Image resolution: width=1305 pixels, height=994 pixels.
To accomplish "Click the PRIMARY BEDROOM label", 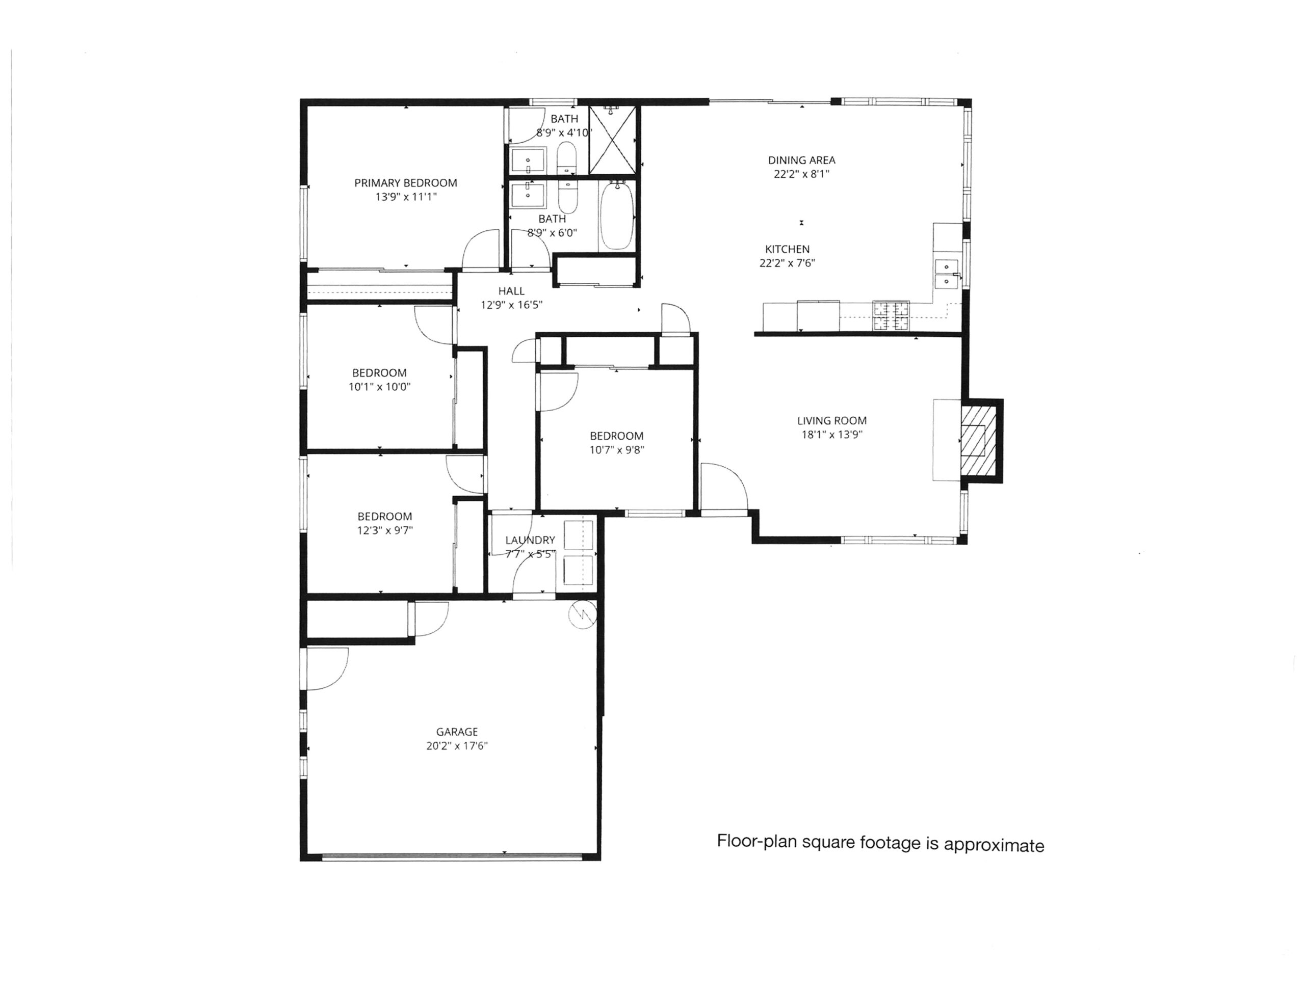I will (x=405, y=183).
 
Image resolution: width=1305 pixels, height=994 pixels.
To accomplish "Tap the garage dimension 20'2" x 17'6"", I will (x=456, y=746).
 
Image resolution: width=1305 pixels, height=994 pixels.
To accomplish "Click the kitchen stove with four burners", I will (x=890, y=315).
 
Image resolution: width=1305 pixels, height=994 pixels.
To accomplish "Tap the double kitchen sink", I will (x=946, y=274).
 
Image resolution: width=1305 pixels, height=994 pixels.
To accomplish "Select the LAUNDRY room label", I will (x=530, y=540).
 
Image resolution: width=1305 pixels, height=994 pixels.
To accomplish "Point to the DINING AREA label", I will (x=801, y=160).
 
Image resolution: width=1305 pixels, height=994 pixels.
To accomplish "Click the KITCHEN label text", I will (x=787, y=249).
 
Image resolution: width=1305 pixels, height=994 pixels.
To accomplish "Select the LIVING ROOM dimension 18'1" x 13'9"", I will (x=831, y=435).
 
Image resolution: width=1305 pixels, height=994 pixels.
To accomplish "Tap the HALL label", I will (x=511, y=291).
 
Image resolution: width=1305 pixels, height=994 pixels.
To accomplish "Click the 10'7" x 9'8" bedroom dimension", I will (x=616, y=450).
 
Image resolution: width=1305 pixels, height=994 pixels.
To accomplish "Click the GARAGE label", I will (x=456, y=732).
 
